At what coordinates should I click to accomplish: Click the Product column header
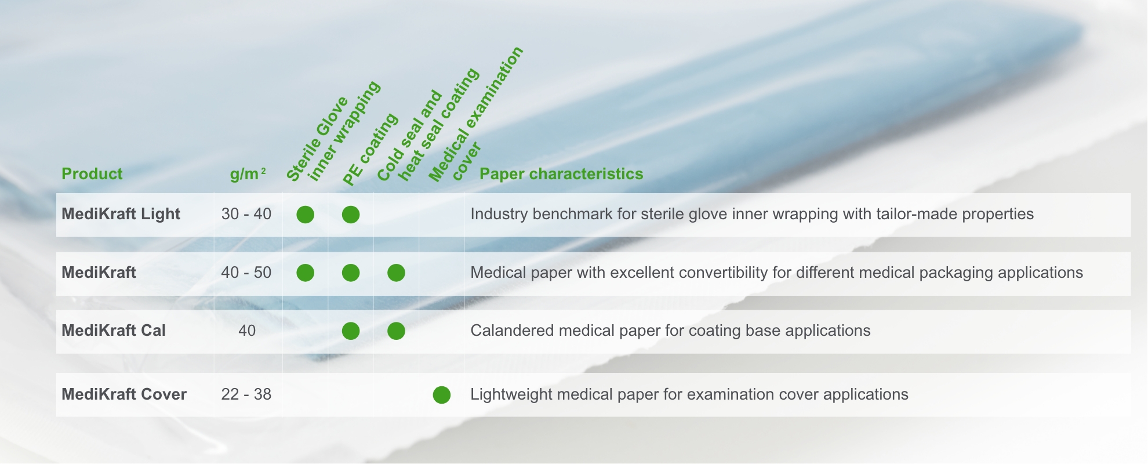[x=92, y=174]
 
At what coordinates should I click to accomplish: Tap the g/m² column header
[x=248, y=174]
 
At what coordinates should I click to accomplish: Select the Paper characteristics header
[x=561, y=174]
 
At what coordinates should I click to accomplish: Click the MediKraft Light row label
[x=121, y=214]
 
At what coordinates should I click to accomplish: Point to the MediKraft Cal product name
[x=114, y=331]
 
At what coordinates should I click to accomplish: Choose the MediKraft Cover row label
[x=124, y=394]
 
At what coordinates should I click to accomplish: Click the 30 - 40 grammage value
[x=246, y=214]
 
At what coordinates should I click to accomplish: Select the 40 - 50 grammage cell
[x=246, y=273]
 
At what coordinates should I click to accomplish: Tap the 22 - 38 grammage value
[x=246, y=394]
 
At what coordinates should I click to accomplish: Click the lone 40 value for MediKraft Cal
[x=247, y=331]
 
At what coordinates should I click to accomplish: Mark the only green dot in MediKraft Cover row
[x=442, y=395]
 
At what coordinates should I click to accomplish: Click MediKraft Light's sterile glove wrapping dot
[x=305, y=215]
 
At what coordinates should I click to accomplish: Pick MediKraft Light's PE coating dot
[x=351, y=215]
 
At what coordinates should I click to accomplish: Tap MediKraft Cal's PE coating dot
[x=351, y=331]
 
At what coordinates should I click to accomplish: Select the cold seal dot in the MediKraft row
[x=396, y=273]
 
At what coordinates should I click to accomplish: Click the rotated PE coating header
[x=370, y=150]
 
